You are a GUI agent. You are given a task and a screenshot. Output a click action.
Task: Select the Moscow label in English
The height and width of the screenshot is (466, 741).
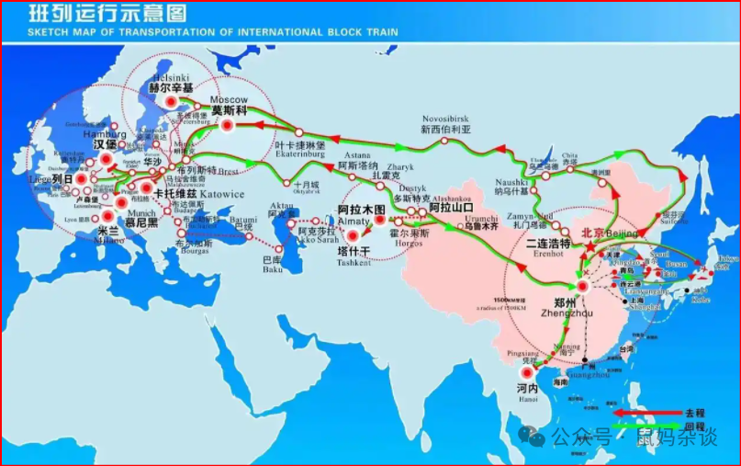(230, 99)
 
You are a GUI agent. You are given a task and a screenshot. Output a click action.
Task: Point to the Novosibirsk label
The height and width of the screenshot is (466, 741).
(446, 119)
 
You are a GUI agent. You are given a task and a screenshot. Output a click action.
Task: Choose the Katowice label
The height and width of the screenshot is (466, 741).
(221, 194)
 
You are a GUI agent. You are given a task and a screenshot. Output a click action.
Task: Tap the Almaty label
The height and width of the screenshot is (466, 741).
(354, 222)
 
